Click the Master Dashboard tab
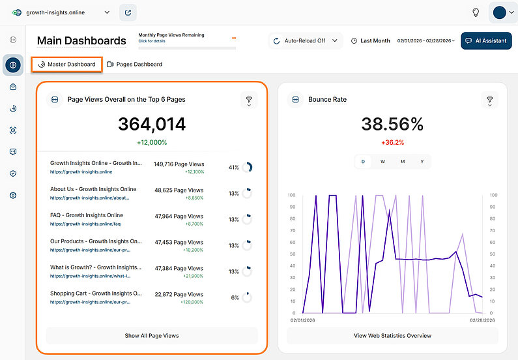point(66,65)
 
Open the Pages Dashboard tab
point(134,65)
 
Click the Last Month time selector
point(370,40)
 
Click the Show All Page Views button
point(152,336)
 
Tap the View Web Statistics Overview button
point(392,336)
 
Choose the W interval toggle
point(382,162)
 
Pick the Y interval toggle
point(422,162)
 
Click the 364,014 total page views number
point(152,124)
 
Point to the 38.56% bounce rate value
point(392,124)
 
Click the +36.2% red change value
point(392,142)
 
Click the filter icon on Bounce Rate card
point(489,100)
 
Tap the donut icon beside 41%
point(248,168)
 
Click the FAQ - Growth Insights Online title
point(87,215)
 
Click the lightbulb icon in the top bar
point(476,12)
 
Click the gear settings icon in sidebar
point(13,195)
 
